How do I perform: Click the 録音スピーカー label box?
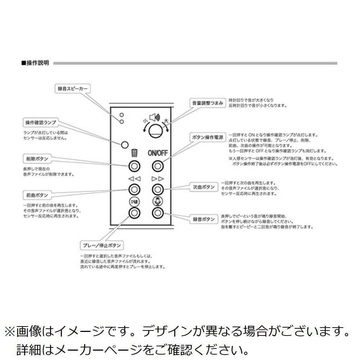point(72,88)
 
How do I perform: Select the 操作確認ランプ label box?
point(40,123)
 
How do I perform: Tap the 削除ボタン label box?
point(37,158)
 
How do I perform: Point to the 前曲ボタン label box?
point(37,195)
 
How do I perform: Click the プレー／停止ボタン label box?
point(101,246)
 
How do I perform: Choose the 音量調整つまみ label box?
point(208,103)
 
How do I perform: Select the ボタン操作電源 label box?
point(207,138)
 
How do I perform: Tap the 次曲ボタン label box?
point(203,187)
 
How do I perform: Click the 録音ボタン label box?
point(203,219)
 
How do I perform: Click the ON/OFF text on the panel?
point(157,153)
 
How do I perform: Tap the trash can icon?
point(134,153)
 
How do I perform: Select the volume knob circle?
point(156,130)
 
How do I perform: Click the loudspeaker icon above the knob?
point(154,117)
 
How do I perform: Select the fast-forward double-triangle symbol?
point(157,178)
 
